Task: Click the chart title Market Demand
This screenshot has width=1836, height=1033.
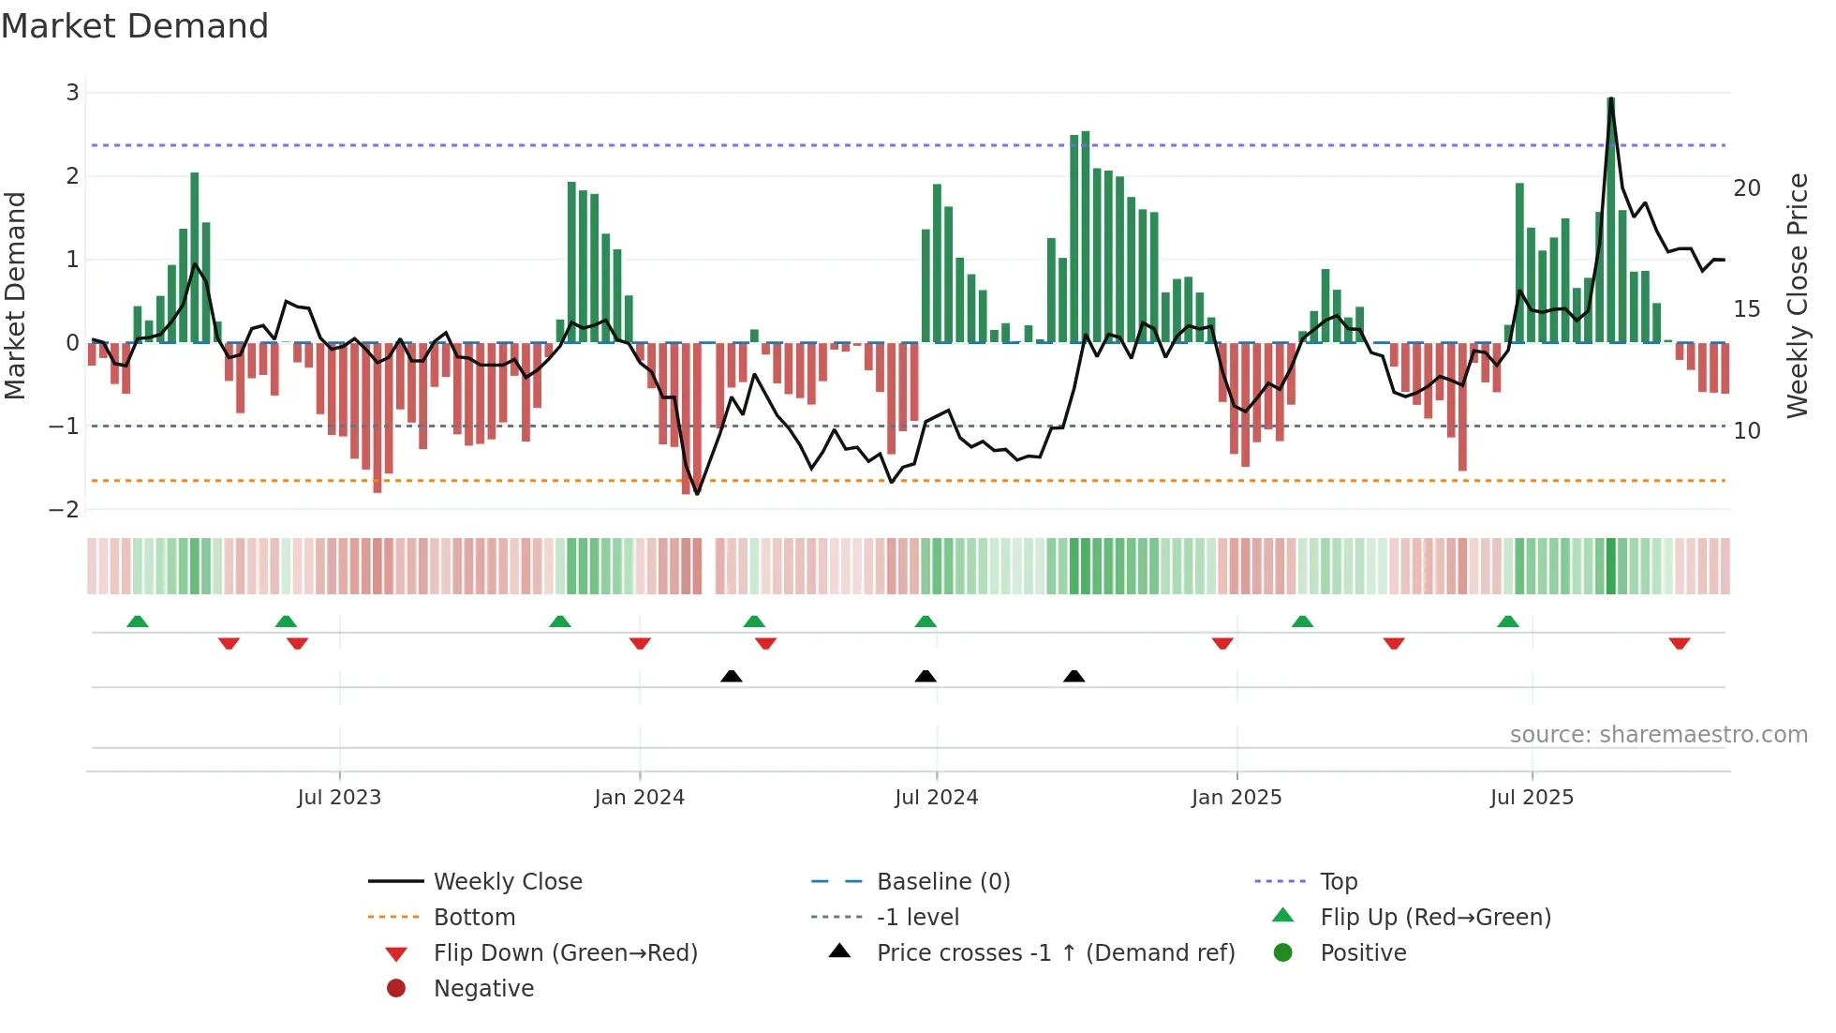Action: coord(135,25)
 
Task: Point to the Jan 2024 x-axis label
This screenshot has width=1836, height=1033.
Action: coord(639,798)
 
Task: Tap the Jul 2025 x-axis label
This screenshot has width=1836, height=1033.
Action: coord(1532,798)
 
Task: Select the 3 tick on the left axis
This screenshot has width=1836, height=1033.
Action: coord(72,93)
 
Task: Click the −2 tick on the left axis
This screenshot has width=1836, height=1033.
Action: coord(65,510)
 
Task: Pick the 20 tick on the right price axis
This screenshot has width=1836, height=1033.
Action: coord(1746,188)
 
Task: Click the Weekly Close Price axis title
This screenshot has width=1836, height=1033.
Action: coord(1797,295)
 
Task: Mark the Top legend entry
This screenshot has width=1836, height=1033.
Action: coord(1338,882)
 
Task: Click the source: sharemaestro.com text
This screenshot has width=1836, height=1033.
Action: coord(1658,735)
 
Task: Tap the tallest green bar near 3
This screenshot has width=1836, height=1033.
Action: coord(1611,220)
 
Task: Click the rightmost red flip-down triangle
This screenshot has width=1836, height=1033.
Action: coord(1679,643)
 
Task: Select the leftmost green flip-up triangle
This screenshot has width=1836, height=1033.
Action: coord(138,621)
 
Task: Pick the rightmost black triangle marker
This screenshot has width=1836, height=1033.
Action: coord(1074,676)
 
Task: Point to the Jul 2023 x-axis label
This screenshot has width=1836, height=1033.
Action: coord(339,798)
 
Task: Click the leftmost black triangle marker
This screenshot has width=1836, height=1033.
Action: coord(732,676)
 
